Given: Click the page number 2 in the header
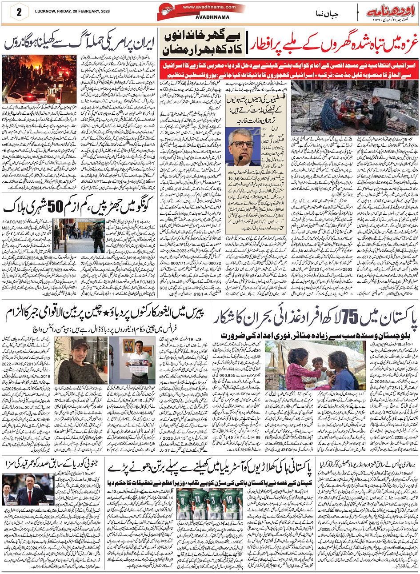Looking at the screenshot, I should click(x=20, y=11).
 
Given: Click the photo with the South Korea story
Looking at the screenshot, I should click(x=28, y=489).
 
